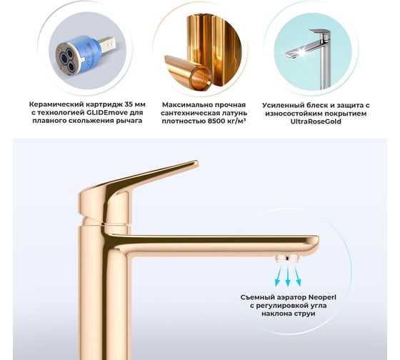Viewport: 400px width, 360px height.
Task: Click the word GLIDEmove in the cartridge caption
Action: coord(99,113)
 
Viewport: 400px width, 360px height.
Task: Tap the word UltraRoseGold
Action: coord(316,121)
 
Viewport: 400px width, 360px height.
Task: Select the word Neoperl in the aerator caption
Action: coord(322,297)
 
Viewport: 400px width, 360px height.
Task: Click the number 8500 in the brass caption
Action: coord(216,121)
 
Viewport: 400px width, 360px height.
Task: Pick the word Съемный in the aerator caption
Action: coord(256,297)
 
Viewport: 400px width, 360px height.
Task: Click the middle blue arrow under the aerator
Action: coord(288,277)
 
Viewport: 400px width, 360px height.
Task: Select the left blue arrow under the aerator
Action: coord(278,276)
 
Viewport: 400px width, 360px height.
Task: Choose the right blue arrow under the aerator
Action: coord(298,276)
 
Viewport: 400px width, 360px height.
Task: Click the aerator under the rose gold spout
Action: coord(287,258)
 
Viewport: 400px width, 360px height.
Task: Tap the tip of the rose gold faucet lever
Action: coord(196,163)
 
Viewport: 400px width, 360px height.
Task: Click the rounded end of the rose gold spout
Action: coord(316,242)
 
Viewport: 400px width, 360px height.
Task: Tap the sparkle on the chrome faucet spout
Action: coord(302,52)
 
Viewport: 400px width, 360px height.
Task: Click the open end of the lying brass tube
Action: coord(201,77)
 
